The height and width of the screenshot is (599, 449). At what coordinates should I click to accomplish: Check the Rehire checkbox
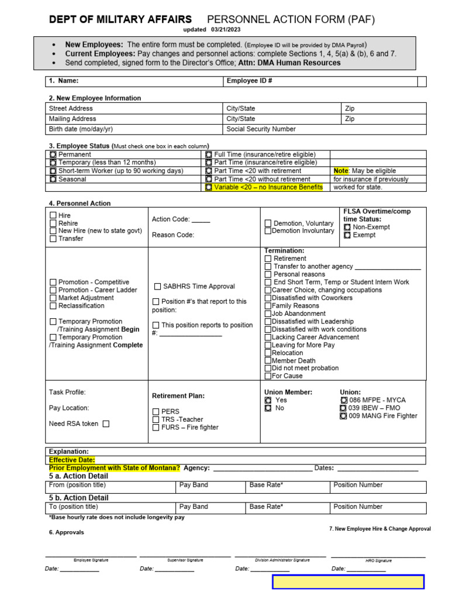pos(53,223)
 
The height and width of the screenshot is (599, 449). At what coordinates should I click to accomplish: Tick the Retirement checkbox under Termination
pos(268,259)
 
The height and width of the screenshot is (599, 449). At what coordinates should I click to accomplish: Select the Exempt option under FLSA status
pos(347,235)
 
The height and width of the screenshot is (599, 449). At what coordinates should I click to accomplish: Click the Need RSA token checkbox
pos(106,424)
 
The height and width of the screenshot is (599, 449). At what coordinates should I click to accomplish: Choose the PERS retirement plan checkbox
pos(156,412)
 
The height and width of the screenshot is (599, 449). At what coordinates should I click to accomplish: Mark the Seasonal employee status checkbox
pos(53,180)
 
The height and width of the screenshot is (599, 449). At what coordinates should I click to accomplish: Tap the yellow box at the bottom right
pos(348,581)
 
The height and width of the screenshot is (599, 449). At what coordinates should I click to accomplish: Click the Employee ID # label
pos(250,81)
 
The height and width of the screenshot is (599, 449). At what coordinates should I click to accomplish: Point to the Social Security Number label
pos(261,129)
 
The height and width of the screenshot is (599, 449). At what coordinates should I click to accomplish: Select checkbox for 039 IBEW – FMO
pos(343,408)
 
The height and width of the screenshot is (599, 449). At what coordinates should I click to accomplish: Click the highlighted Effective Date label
pos(71,460)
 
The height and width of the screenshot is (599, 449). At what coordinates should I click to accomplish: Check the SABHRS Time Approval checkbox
pos(157,287)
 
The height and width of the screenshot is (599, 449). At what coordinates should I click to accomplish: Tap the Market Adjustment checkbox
pos(53,298)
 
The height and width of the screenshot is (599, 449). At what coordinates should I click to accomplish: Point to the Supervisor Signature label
pos(185,560)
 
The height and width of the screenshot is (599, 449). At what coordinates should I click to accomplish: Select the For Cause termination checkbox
pos(268,376)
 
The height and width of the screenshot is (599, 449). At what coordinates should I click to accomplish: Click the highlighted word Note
pos(340,171)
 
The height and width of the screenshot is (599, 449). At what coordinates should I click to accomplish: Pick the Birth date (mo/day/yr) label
pos(81,129)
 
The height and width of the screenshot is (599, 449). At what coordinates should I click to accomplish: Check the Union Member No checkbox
pos(268,408)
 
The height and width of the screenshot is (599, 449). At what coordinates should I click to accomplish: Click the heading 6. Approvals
pos(67,532)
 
